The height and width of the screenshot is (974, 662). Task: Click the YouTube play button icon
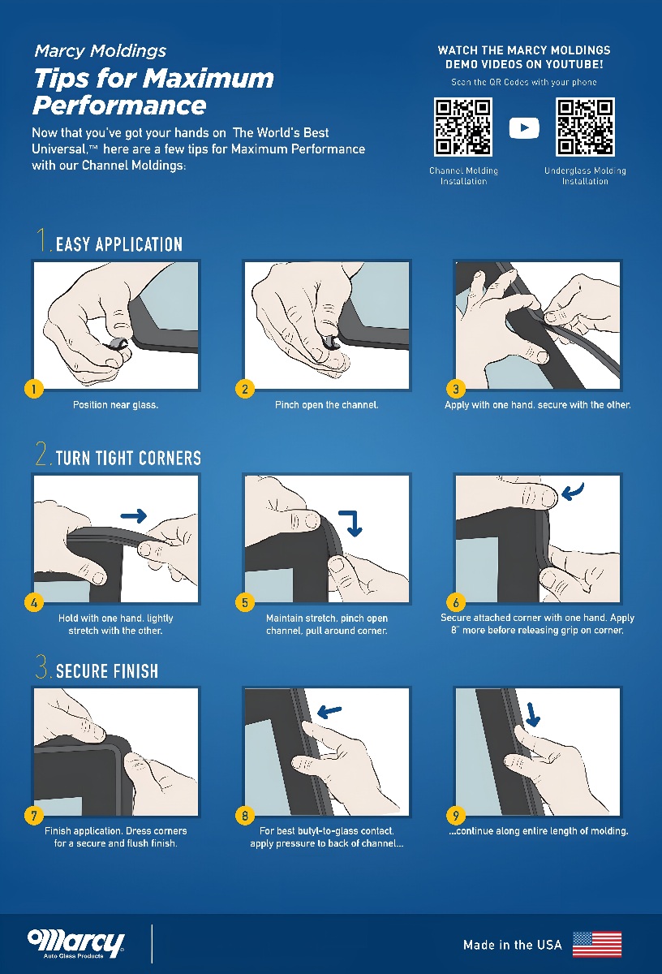(x=524, y=128)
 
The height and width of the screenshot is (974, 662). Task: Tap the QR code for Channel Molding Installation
(x=463, y=127)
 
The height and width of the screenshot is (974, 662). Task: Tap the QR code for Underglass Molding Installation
(x=585, y=127)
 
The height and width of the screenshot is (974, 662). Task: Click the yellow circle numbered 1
(x=34, y=389)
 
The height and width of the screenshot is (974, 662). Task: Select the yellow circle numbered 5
(x=245, y=602)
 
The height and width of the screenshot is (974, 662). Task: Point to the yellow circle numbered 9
(x=456, y=815)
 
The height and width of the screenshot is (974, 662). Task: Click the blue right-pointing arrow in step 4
(x=133, y=516)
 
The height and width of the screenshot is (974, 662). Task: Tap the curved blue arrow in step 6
(x=573, y=491)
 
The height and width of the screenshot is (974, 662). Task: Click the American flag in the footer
(x=597, y=945)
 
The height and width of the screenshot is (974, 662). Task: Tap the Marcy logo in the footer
(x=76, y=944)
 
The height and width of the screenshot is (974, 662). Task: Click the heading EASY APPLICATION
(x=118, y=244)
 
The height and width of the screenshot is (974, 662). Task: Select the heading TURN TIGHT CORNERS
(x=128, y=458)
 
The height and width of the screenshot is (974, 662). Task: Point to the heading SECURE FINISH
(x=107, y=671)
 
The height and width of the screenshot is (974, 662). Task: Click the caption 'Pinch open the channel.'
(x=326, y=405)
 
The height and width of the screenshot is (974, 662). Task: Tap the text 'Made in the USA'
(x=513, y=945)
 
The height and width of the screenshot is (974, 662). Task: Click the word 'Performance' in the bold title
(x=119, y=106)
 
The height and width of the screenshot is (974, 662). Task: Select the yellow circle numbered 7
(x=34, y=815)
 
